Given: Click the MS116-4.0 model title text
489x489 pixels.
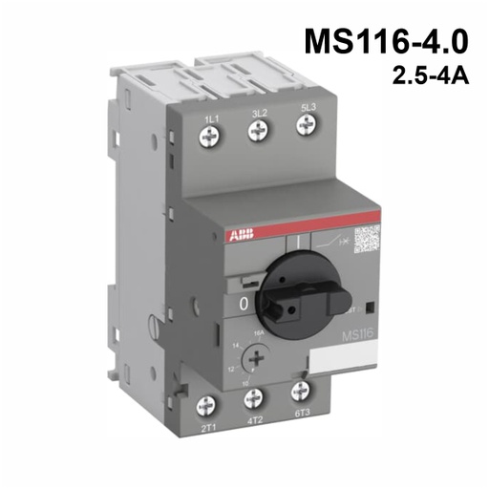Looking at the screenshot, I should coord(387,44).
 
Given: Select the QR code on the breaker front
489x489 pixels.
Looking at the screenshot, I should coord(368,241).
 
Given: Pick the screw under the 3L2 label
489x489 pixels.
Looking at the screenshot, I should coord(257,135).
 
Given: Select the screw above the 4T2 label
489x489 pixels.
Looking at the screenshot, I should coord(254,400).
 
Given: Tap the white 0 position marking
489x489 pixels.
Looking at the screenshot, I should coord(244,305).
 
